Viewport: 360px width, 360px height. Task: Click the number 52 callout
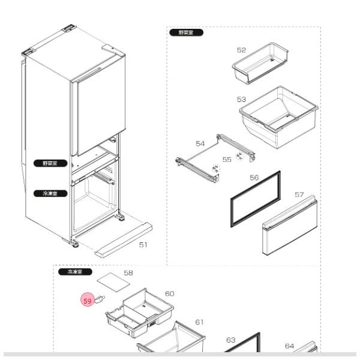click(241, 50)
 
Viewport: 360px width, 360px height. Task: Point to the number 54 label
click(200, 144)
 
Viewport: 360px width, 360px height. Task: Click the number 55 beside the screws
click(227, 159)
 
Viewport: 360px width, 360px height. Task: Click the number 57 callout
click(299, 195)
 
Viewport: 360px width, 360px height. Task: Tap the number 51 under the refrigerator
click(143, 244)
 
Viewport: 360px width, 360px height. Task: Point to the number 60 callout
click(170, 293)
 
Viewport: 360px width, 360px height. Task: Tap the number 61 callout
click(199, 322)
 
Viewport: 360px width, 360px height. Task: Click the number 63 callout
click(231, 340)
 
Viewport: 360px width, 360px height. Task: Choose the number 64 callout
click(289, 346)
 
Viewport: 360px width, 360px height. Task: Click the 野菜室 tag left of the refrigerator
click(46, 163)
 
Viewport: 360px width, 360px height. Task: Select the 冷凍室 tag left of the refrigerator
click(46, 194)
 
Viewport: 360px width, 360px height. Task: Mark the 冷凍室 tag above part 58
click(75, 272)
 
